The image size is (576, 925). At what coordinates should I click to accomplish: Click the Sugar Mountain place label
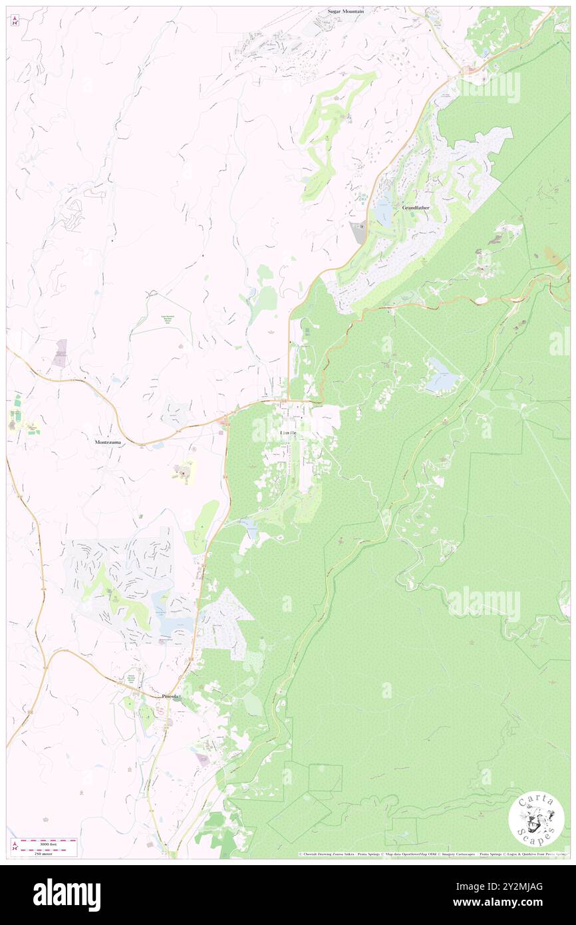(x=348, y=12)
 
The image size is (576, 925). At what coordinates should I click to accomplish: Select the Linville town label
(x=289, y=433)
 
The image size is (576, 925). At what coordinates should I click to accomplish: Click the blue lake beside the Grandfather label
(x=384, y=212)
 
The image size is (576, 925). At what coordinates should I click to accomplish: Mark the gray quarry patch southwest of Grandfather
(x=358, y=232)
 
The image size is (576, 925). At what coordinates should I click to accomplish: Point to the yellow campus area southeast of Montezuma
(x=184, y=472)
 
